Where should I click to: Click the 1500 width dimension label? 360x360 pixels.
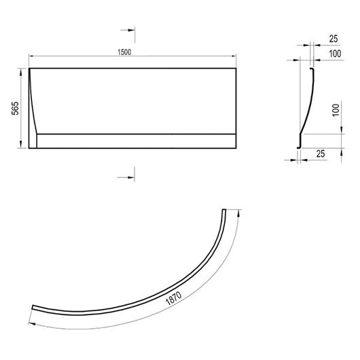point(124,52)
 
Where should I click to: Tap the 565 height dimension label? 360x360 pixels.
point(15,108)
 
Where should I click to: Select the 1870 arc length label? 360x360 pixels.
point(174,298)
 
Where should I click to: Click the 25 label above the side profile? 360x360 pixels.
point(334,39)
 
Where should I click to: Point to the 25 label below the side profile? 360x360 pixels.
point(321,154)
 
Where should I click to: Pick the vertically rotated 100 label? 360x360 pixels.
point(336,110)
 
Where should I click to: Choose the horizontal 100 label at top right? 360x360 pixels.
point(335,54)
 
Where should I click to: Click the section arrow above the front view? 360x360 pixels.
point(128,30)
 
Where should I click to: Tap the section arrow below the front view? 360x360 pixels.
point(126,177)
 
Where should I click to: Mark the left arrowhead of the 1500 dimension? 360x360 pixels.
point(31,56)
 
